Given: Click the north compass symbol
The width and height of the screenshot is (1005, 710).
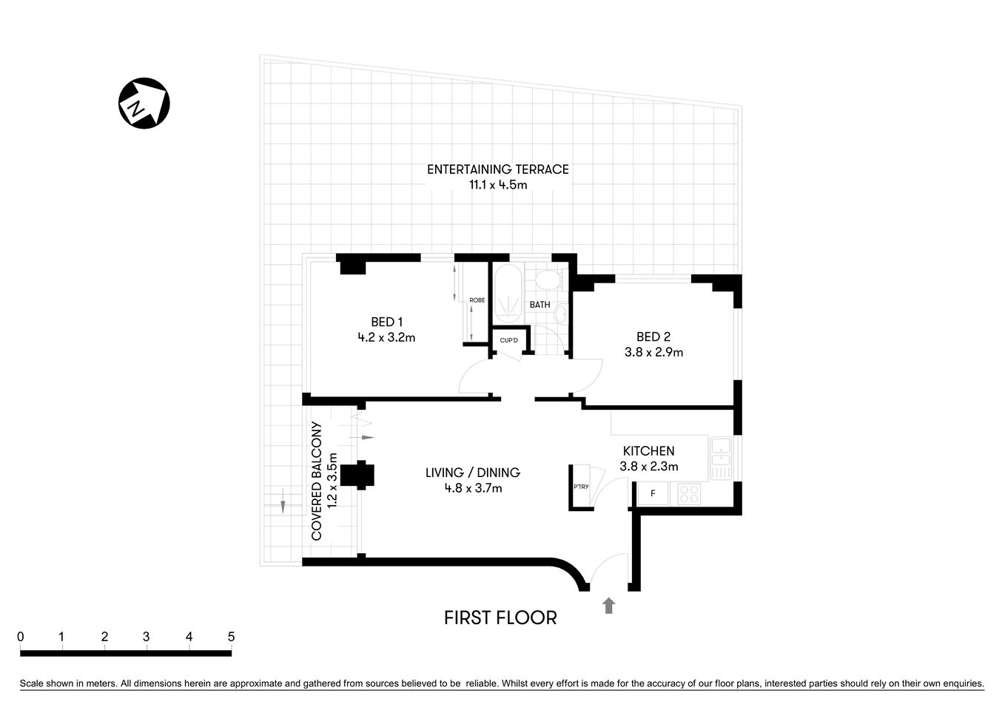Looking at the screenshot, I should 144,103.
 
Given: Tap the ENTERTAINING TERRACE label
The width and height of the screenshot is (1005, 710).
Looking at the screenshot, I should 497,169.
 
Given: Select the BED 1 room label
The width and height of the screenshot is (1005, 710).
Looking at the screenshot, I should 386,322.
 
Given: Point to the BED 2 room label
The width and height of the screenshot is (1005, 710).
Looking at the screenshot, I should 653,337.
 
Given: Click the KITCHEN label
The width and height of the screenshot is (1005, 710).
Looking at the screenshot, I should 648,450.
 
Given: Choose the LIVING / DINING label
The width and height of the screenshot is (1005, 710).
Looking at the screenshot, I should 472,473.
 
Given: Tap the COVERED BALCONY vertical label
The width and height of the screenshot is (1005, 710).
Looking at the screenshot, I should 317,481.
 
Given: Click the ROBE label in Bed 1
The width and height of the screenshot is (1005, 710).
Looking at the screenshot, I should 477,300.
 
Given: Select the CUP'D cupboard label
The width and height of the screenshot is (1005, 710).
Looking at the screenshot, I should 508,341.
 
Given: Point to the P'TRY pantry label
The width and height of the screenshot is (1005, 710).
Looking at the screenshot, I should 581,487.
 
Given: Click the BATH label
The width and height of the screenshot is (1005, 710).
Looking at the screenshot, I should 540,305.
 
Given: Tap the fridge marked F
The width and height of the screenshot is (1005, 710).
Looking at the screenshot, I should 653,493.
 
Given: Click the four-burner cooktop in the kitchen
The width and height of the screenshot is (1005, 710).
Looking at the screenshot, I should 689,493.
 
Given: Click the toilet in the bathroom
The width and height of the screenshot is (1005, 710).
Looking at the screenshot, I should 548,280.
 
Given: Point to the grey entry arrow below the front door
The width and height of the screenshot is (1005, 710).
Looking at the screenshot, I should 608,606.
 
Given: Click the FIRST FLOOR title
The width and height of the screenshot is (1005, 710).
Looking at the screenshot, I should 500,618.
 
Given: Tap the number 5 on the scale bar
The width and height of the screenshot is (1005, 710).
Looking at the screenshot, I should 231,637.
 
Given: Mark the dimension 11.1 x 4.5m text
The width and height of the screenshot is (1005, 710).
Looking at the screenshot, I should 497,185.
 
